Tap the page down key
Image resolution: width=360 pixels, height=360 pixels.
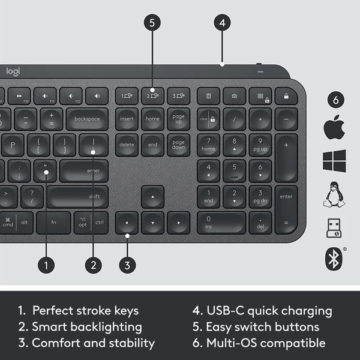tap(179, 145)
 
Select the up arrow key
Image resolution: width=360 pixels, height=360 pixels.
tap(152, 196)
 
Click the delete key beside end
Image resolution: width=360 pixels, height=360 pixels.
tap(127, 145)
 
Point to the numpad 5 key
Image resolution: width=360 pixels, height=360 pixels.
tap(235, 170)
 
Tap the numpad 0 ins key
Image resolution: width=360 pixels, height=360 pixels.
tap(221, 223)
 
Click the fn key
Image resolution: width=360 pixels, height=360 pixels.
tap(53, 223)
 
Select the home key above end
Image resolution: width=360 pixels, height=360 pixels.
tap(152, 119)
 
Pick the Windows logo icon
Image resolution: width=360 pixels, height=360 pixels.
tap(335, 161)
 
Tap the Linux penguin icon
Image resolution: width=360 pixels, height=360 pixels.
tap(335, 194)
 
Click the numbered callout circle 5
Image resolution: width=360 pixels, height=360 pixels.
tap(152, 23)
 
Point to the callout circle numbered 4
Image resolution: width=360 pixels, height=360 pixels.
tap(222, 23)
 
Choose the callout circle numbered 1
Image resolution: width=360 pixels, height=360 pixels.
tap(46, 263)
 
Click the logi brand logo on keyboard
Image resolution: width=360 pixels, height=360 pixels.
tap(13, 71)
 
